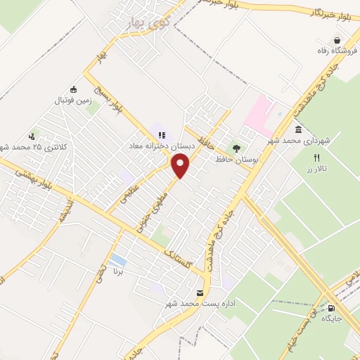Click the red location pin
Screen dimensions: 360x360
[181, 165]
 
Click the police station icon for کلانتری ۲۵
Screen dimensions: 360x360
[32, 137]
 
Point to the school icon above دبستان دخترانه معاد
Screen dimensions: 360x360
[161, 135]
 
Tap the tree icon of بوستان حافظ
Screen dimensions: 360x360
[236, 149]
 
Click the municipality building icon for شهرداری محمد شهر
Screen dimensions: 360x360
[299, 131]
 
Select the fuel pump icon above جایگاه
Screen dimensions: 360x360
[331, 307]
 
